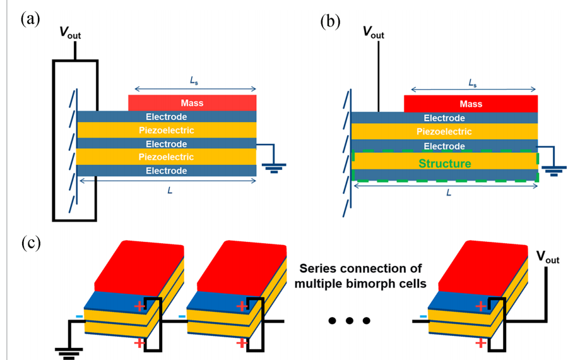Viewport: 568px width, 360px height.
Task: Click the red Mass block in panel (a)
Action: coord(192,102)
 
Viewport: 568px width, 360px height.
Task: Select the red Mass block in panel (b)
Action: coord(470,104)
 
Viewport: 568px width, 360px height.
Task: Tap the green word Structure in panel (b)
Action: coord(445,164)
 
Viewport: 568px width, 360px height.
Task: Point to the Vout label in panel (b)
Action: coord(374,32)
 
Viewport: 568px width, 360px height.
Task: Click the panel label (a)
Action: coord(31,18)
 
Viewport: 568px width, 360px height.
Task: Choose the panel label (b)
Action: coord(330,21)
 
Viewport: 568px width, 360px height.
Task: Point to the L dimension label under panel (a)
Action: coord(167,189)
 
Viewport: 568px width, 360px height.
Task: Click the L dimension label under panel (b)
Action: coord(448,192)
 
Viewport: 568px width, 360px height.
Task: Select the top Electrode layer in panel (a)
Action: coord(167,117)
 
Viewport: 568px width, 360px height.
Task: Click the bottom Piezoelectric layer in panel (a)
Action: coord(167,157)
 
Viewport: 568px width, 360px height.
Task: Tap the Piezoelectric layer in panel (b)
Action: coord(445,131)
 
